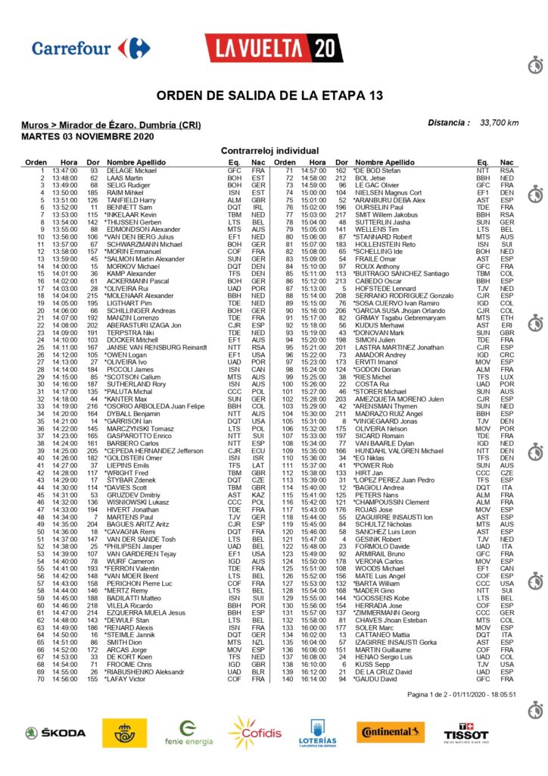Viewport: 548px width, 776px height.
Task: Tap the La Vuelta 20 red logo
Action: click(x=272, y=48)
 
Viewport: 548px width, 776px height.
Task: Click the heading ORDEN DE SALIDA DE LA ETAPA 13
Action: click(x=273, y=95)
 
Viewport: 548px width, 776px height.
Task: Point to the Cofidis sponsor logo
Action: click(x=254, y=733)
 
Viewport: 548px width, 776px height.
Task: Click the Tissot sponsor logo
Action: click(x=465, y=733)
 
